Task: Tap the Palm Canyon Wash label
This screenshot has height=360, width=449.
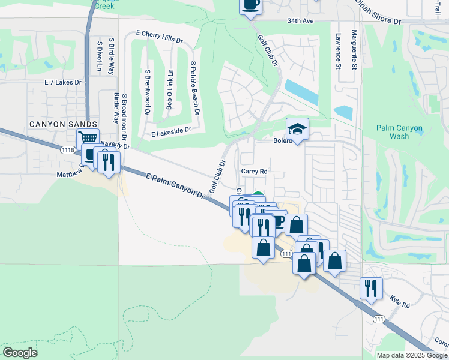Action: tap(399, 132)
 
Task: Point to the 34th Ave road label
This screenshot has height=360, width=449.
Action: tap(300, 21)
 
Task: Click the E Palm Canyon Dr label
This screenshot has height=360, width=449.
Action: tap(175, 184)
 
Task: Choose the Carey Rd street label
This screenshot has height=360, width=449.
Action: tap(254, 171)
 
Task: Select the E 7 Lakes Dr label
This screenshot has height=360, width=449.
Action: tap(62, 82)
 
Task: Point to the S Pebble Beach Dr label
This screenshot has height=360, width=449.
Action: tap(194, 88)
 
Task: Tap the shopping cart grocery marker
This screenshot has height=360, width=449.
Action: tap(88, 138)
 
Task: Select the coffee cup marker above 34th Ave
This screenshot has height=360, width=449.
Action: tap(250, 5)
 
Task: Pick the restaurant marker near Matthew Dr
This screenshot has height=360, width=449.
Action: tap(109, 162)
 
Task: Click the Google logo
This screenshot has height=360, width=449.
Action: tap(20, 353)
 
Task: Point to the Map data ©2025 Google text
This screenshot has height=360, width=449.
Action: tap(411, 355)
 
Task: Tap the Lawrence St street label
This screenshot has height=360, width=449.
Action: tap(339, 50)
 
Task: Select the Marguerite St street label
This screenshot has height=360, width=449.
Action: tap(355, 49)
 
